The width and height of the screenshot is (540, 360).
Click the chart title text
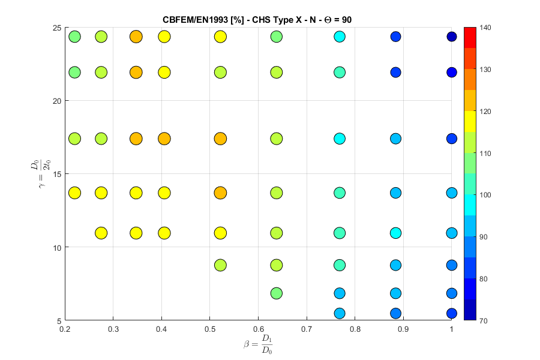point(257,20)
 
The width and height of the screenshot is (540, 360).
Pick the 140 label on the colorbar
point(487,28)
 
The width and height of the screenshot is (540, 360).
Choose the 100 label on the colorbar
point(487,195)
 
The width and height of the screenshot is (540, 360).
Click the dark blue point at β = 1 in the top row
point(452,37)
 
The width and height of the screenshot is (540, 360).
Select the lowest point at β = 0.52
point(220,265)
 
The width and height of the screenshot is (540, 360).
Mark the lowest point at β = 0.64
point(277,293)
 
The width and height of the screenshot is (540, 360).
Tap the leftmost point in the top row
point(74,37)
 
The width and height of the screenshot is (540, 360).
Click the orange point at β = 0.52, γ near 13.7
point(220,193)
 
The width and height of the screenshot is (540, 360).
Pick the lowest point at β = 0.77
point(340,313)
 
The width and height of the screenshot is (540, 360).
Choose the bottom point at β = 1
point(452,313)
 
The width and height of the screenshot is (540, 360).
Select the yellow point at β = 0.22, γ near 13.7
point(74,193)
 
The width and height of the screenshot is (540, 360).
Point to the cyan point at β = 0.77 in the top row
point(340,37)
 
